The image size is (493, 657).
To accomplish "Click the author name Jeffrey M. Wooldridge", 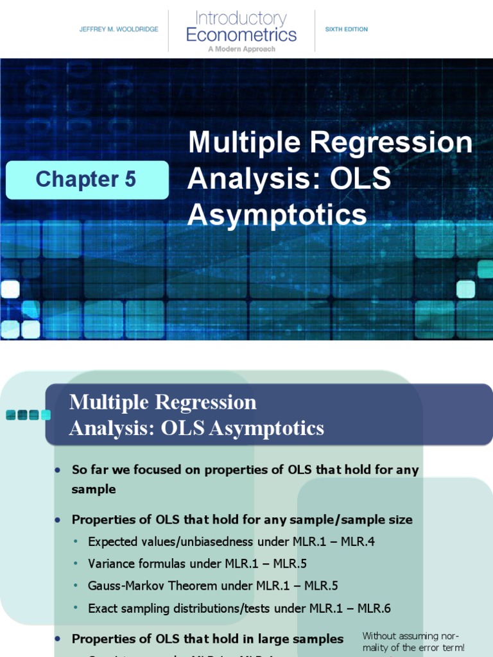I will (119, 30).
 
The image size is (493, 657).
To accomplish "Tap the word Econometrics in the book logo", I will (241, 34).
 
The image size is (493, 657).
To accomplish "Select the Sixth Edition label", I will (347, 30).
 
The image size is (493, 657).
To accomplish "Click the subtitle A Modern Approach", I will (241, 49).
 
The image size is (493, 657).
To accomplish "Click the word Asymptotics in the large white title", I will (277, 215).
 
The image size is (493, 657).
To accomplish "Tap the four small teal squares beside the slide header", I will (28, 415).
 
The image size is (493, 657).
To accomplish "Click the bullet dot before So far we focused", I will (58, 470).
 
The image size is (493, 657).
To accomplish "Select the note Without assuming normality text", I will (413, 642).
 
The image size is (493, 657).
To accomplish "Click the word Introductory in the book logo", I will (241, 18).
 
